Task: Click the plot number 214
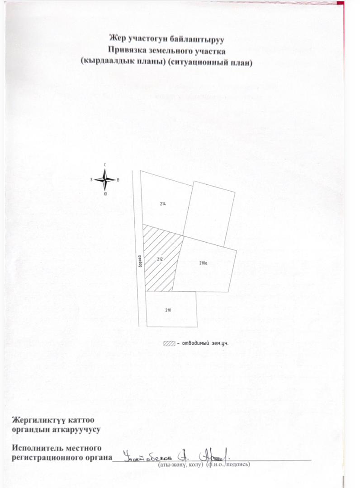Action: click(x=163, y=204)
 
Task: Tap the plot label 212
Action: click(x=160, y=259)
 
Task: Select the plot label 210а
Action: click(x=203, y=262)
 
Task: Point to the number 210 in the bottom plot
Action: click(x=168, y=310)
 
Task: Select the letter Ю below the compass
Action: click(x=105, y=194)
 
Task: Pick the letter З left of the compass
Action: click(x=92, y=180)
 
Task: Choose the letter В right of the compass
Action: click(x=118, y=180)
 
